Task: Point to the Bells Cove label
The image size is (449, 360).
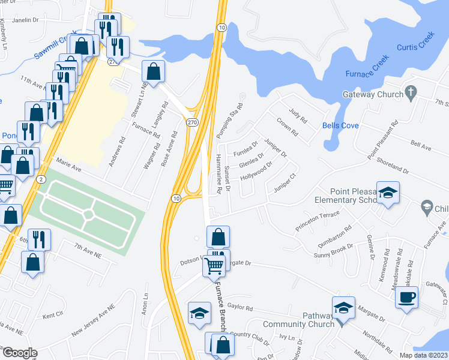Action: [340, 125]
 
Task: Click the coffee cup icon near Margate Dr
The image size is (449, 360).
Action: [406, 297]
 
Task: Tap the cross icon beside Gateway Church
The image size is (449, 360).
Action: [411, 92]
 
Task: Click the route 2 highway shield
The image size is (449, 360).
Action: [40, 179]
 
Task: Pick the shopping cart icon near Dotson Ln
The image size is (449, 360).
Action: [215, 266]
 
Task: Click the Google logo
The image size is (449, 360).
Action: [19, 353]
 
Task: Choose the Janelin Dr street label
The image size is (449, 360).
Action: [25, 20]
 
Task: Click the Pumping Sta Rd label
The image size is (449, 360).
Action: [230, 118]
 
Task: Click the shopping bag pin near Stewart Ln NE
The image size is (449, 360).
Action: [154, 71]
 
